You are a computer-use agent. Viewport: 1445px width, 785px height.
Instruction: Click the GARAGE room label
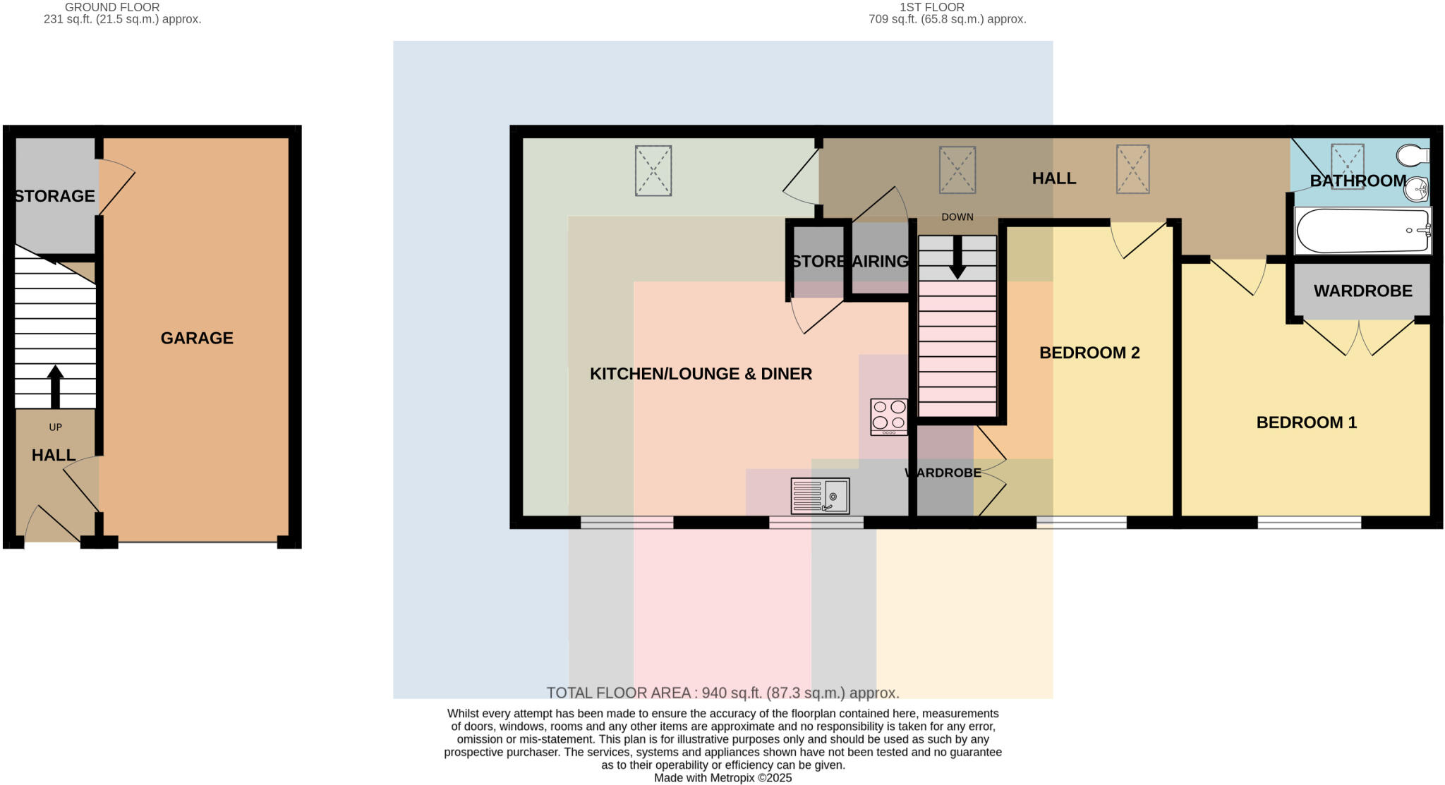[x=197, y=339]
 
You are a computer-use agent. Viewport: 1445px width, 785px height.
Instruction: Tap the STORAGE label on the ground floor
[x=54, y=196]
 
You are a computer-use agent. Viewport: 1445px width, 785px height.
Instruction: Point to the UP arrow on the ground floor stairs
[x=55, y=387]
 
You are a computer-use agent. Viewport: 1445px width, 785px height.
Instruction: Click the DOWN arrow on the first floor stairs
[x=957, y=257]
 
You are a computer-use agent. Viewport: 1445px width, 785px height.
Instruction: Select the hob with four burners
[x=889, y=417]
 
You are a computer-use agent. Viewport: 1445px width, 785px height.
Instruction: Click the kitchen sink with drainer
[x=820, y=496]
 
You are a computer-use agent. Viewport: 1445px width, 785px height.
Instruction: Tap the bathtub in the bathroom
[x=1362, y=231]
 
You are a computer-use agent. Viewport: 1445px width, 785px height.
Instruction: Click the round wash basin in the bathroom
[x=1416, y=189]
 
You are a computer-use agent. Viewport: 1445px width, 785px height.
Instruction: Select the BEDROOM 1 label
[x=1306, y=422]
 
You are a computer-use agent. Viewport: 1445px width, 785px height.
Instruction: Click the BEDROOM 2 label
[x=1089, y=353]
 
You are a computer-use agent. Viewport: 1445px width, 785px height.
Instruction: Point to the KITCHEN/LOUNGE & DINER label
[x=701, y=374]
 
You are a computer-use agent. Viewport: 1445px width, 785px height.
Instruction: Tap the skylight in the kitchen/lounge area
[x=653, y=171]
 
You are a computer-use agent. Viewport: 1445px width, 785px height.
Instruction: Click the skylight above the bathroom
[x=1347, y=166]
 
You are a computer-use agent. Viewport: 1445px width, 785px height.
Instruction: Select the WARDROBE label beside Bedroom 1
[x=1362, y=291]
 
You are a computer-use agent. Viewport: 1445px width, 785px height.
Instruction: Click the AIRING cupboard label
[x=880, y=262]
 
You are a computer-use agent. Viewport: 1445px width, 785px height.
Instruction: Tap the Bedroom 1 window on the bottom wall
[x=1309, y=523]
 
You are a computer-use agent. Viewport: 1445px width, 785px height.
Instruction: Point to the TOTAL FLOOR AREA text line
[x=722, y=693]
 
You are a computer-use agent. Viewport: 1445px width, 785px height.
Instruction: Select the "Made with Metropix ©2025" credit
[x=722, y=778]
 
